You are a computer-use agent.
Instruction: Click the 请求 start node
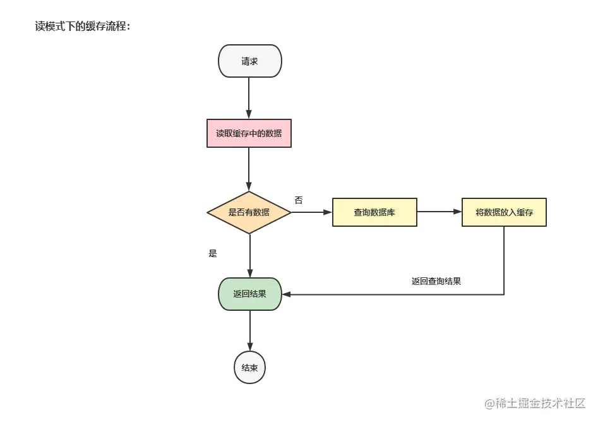coord(249,61)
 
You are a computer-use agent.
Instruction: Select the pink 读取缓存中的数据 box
coord(249,133)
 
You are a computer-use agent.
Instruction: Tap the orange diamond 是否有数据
coord(249,212)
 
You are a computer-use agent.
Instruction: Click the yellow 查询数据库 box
coord(374,212)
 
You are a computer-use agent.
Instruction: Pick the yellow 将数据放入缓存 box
coord(504,212)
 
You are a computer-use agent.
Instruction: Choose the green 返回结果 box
coord(249,294)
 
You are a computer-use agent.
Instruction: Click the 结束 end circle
coord(249,368)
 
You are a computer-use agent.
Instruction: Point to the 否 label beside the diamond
coord(299,200)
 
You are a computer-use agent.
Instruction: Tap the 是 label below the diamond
coord(213,253)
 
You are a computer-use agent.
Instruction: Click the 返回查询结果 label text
coord(436,281)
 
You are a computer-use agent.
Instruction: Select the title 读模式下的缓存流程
coord(83,27)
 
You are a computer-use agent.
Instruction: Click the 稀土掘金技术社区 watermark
coord(535,402)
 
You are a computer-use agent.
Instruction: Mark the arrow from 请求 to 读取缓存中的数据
coord(249,98)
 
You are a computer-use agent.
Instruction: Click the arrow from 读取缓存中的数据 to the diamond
coord(249,169)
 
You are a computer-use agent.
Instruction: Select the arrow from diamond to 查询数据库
coord(311,212)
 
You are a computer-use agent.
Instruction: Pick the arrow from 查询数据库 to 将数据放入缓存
coord(439,212)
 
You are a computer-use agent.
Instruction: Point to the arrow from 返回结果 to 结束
coord(249,330)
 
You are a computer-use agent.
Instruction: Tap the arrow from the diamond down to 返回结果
coord(249,255)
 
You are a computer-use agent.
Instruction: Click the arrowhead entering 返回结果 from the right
coord(286,294)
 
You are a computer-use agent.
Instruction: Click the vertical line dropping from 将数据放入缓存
coord(504,259)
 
